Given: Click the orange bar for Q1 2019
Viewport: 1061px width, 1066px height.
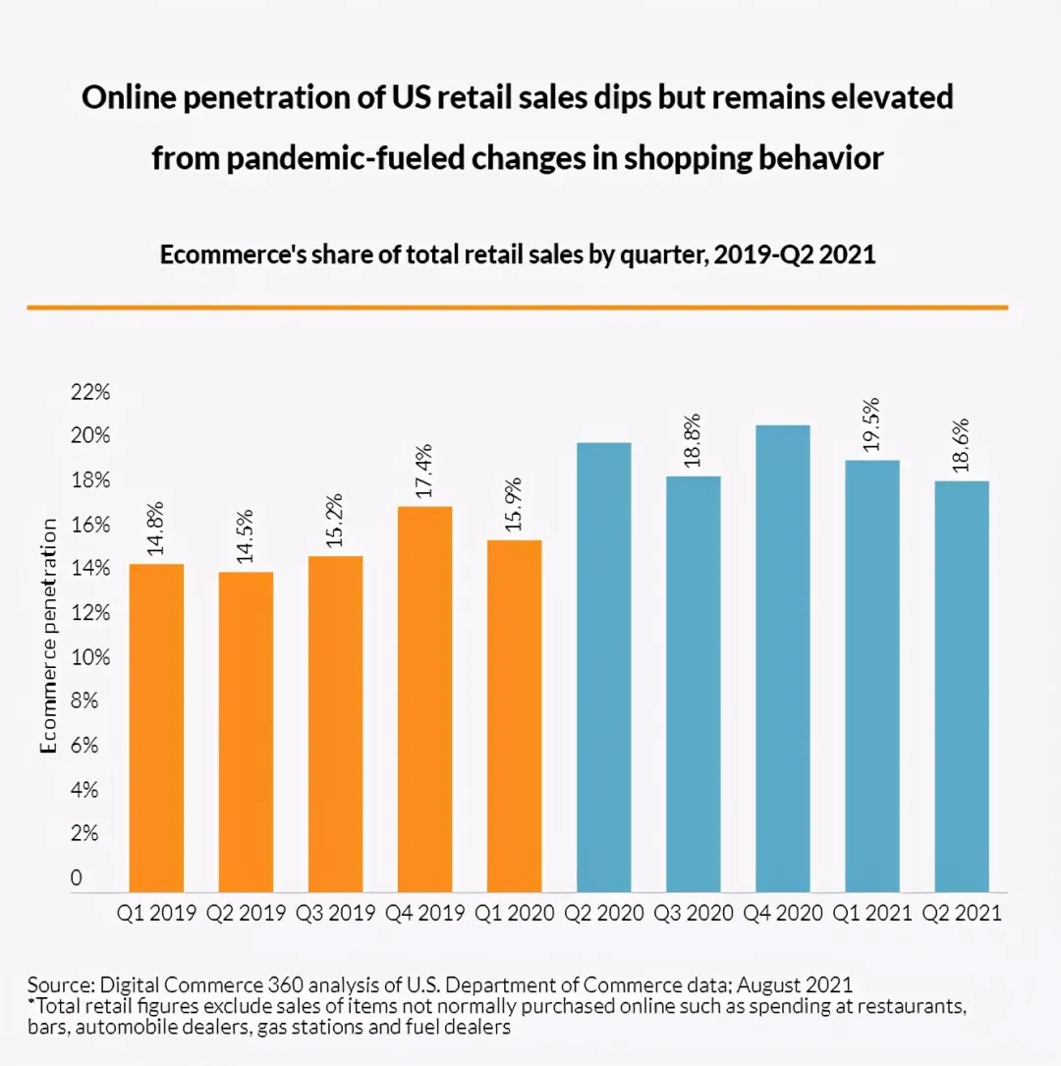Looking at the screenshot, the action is pos(156,728).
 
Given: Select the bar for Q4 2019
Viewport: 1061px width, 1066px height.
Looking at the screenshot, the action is pos(424,699).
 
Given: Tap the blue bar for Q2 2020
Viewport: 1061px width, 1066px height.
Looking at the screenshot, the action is pos(603,668).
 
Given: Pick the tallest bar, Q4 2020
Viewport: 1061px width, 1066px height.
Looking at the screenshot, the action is pos(783,659).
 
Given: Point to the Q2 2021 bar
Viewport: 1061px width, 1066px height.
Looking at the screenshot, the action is pos(962,687).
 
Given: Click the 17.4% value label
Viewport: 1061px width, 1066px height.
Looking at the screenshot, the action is pos(423,472).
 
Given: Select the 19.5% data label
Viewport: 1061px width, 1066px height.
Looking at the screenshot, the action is pos(871,424).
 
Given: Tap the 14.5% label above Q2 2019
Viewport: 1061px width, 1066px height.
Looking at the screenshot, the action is pos(245,536).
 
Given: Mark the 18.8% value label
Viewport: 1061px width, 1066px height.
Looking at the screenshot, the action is pos(692,440).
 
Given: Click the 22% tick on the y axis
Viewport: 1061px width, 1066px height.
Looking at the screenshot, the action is pos(90,392).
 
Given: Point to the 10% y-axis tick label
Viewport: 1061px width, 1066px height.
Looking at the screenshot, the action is pos(90,657).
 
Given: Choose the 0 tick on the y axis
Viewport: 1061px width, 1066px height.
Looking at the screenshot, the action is pos(76,877).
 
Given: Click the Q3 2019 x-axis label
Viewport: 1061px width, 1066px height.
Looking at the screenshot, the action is pos(335,913).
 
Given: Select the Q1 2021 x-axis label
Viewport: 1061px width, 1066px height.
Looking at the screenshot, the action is pos(872,913).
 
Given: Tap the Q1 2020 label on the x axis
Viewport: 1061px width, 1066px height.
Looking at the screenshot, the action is pos(515,913).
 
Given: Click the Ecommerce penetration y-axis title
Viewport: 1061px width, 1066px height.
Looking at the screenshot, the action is pos(48,637).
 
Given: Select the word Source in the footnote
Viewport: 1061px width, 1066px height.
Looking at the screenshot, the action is pos(61,985).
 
